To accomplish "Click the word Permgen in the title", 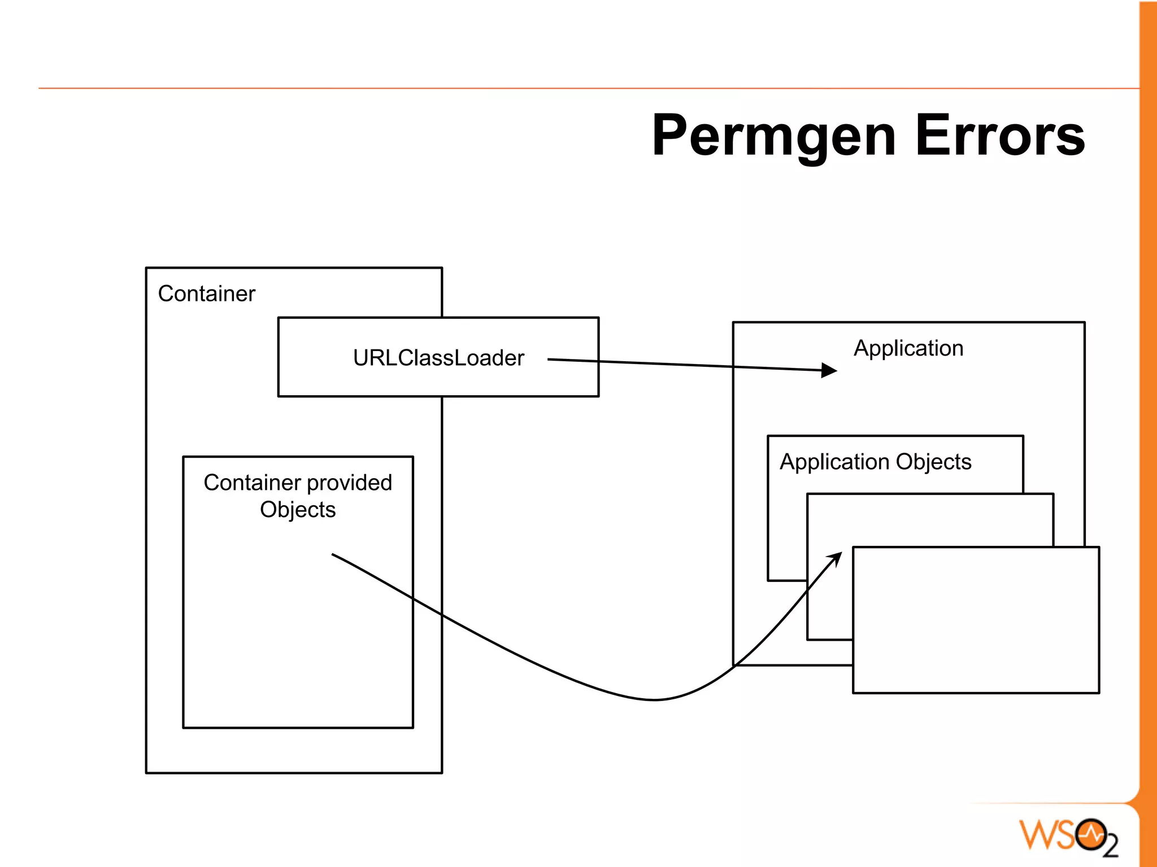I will (774, 137).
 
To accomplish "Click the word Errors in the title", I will (1000, 135).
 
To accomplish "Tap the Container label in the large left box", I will (206, 294).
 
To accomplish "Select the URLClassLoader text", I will (438, 358).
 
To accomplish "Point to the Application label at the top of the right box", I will (908, 348).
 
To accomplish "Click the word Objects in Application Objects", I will (933, 462).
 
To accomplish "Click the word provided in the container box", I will (349, 483).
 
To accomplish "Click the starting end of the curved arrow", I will (333, 554).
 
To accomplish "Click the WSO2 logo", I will (1068, 836).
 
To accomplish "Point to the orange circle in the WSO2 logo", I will (1090, 834).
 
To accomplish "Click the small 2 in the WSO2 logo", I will (1111, 846).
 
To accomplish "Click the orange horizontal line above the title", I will (565, 88).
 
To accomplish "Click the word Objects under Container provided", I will (298, 510).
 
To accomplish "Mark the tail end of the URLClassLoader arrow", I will (549, 359).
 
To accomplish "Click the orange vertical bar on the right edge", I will (1148, 395).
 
